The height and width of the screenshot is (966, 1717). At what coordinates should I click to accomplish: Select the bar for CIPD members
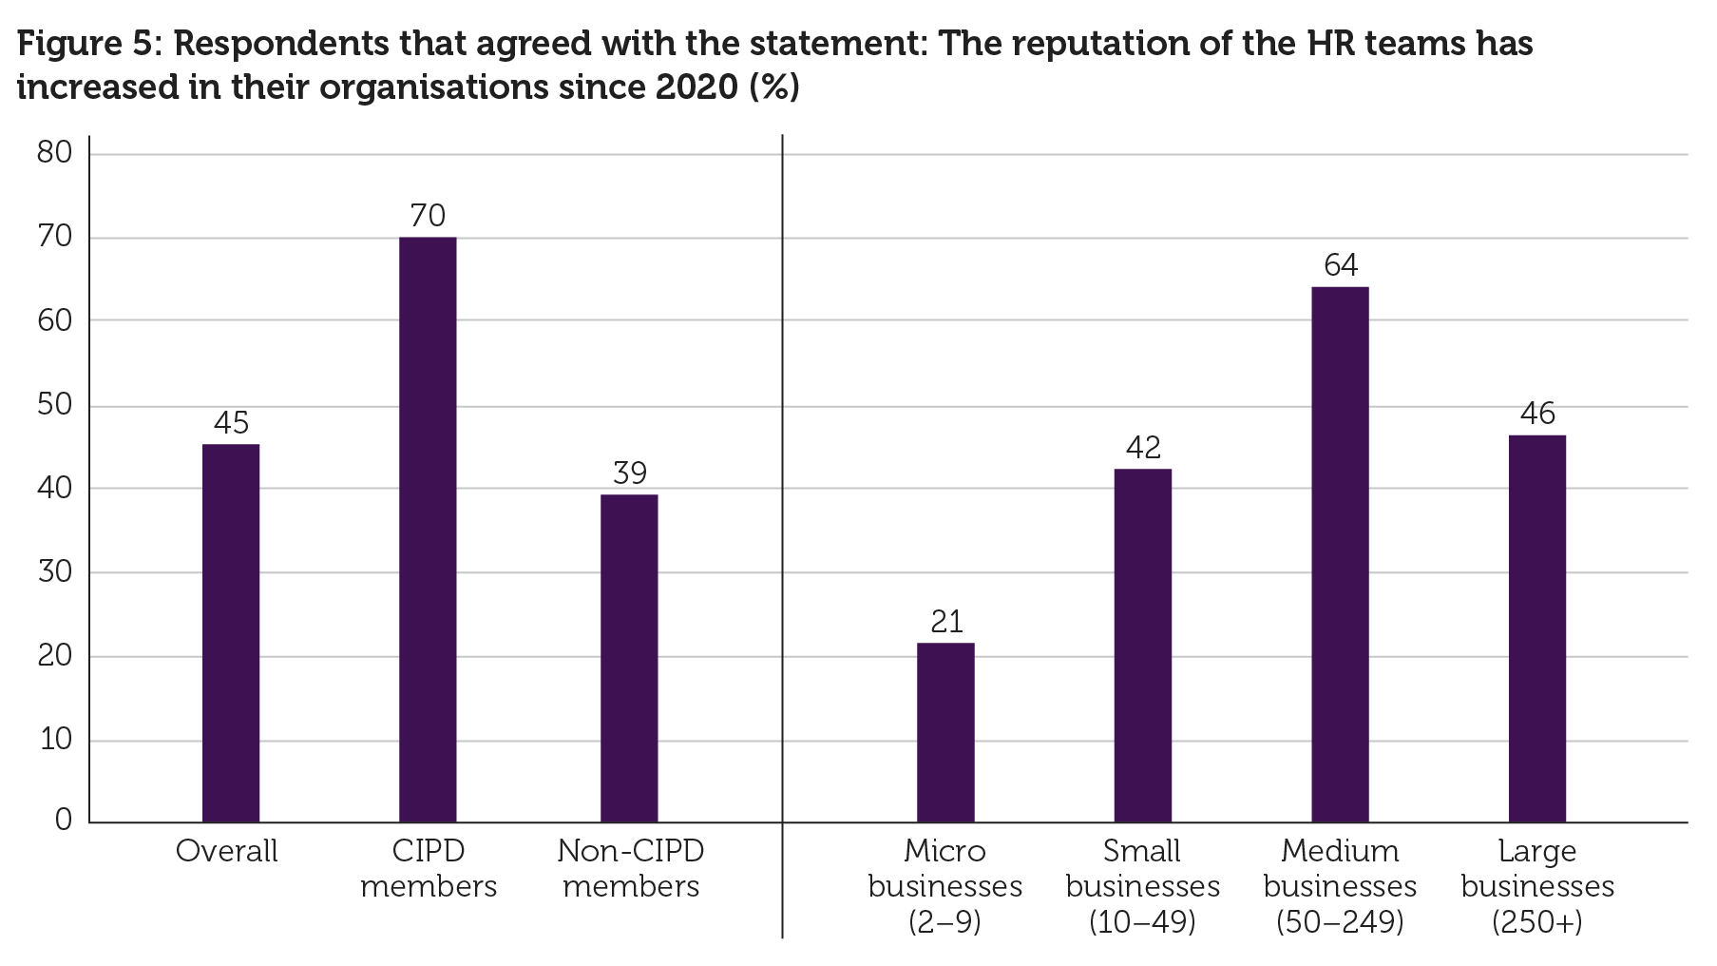pos(428,530)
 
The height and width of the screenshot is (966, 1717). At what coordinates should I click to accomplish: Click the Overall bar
pos(231,633)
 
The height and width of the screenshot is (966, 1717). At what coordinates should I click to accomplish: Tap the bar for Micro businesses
pos(945,732)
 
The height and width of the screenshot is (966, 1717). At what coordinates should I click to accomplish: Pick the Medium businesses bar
pos(1340,554)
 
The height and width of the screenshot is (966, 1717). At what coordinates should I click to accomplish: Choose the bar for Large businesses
pos(1536,628)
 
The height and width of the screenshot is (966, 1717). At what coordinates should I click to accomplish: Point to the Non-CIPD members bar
pos(629,658)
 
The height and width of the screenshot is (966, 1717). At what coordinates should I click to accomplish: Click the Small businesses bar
pos(1142,646)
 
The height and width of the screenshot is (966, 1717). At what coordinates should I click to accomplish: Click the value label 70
pos(428,216)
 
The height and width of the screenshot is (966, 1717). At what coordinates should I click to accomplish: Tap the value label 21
pos(946,622)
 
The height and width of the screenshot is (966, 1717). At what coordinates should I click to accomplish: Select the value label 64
pos(1341,265)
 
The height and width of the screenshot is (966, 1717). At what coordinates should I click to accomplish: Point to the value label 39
pos(629,473)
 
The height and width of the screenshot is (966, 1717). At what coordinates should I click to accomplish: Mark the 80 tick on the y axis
pos(55,153)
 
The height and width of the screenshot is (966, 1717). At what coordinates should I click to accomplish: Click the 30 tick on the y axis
pos(55,572)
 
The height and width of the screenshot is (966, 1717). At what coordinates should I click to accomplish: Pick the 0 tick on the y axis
pos(64,821)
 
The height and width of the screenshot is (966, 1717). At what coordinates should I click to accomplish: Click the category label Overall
pos(226,851)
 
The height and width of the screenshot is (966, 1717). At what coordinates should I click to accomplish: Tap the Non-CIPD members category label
pos(631,868)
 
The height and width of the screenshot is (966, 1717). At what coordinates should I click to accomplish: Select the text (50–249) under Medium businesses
pos(1340,922)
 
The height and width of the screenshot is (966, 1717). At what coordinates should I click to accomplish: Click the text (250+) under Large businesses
pos(1536,922)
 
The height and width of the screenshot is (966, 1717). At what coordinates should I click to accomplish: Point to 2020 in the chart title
pos(696,87)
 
